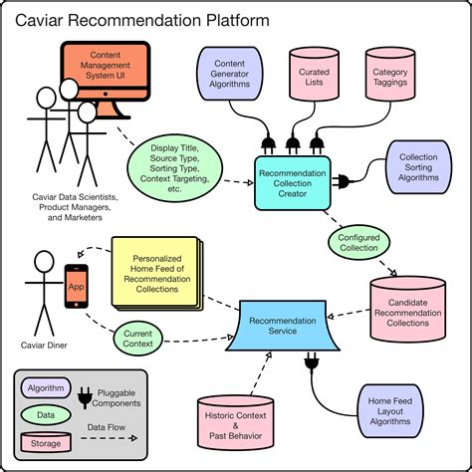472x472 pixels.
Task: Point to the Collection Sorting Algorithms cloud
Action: coord(417,164)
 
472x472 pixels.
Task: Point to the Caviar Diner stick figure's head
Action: coord(42,262)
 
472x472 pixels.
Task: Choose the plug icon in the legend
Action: coord(86,395)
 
